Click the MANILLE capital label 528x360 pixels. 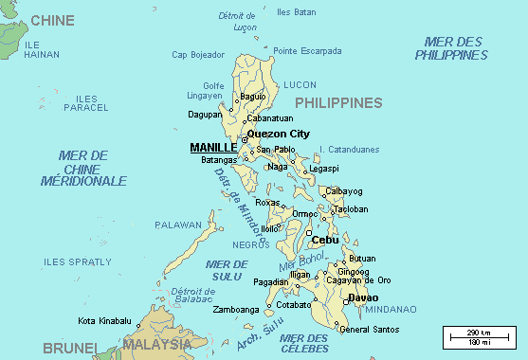coord(213,148)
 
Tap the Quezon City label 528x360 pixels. coord(278,134)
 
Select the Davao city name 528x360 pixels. coord(363,297)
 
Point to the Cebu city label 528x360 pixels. coord(325,240)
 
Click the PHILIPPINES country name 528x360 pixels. coord(338,102)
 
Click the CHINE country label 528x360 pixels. coord(52,19)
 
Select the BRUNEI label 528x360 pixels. coord(36,348)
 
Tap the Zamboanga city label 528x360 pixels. coord(235,310)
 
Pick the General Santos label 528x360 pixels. coord(369,329)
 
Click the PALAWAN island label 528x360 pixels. coord(178,225)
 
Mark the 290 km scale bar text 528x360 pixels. coord(479,333)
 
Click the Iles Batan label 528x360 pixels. coord(296,12)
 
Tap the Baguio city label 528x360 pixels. coord(253,97)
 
